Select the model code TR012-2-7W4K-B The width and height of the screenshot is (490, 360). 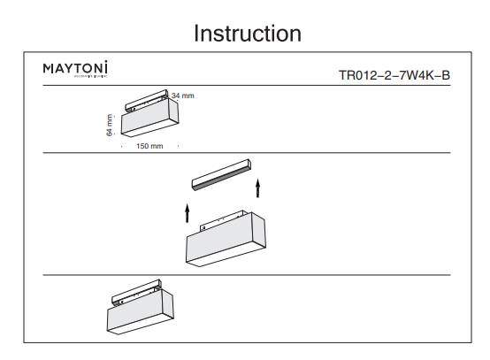tap(394, 74)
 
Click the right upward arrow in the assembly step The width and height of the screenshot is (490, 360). tap(257, 188)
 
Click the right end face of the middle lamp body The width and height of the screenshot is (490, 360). tap(262, 234)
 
